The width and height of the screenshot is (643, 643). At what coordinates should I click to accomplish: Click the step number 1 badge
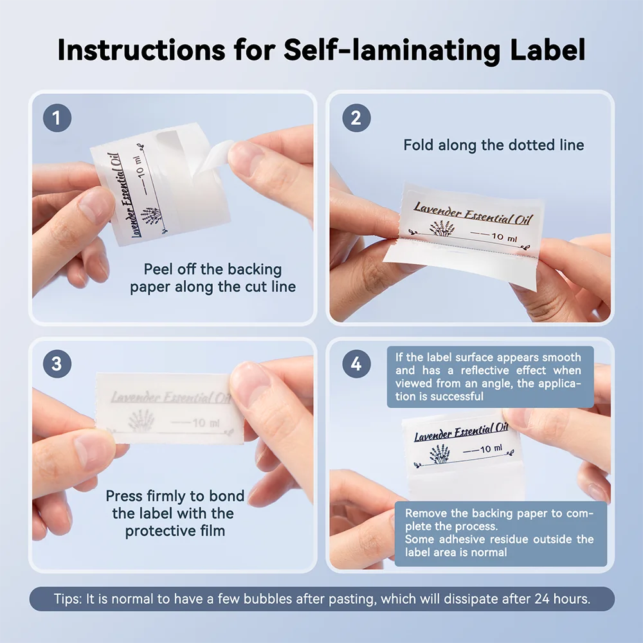pos(57,118)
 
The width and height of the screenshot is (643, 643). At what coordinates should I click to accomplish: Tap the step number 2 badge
pos(356,118)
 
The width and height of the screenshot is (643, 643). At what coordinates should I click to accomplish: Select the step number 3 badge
pos(57,364)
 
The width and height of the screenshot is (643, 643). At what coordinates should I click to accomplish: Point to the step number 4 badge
pos(356,364)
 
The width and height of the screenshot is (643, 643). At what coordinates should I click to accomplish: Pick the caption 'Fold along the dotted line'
pos(493,145)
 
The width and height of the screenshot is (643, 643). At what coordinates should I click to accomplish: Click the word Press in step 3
pos(125,496)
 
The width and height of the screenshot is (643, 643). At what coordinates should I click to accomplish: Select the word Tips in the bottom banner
pos(68,599)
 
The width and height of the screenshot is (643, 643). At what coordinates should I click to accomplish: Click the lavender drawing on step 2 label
pos(442,228)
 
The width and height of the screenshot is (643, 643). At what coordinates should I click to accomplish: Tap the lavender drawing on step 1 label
pos(152,215)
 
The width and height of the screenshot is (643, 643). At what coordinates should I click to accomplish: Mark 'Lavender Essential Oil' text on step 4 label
pos(460,432)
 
